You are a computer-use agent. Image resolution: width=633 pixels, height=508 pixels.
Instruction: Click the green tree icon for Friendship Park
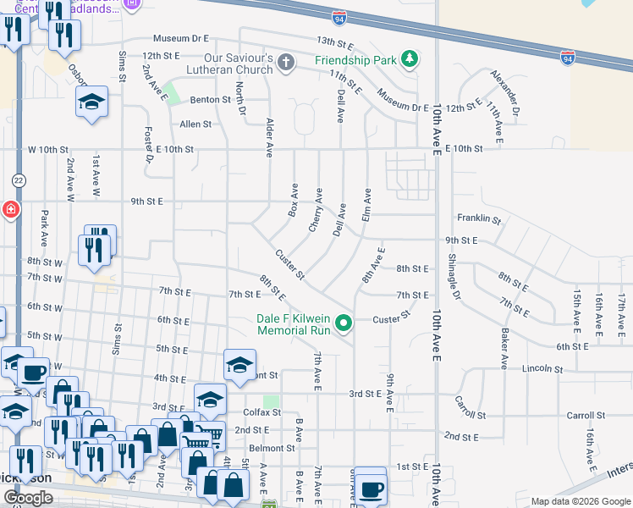coord(410,58)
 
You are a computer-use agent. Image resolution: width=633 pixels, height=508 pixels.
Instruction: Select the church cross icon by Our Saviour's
coord(286,61)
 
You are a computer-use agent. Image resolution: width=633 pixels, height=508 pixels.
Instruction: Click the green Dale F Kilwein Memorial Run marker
coord(344,323)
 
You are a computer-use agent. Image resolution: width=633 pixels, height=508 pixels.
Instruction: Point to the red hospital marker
coord(8,208)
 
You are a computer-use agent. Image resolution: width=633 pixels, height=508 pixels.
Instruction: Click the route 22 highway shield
coord(18,180)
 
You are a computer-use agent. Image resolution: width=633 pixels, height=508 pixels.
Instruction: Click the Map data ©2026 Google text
coord(580,501)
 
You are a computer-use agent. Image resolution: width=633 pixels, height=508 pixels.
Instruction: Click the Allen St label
coord(195,124)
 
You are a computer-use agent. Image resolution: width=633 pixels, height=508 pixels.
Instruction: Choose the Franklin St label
coord(479,218)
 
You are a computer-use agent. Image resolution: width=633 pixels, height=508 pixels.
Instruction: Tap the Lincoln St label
coord(542,368)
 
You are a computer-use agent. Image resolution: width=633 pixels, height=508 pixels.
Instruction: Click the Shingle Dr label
coord(453,276)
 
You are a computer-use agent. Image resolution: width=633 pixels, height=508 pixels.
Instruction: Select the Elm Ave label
coord(367,204)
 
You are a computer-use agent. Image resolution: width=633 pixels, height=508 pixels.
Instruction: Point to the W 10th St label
coord(47,149)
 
